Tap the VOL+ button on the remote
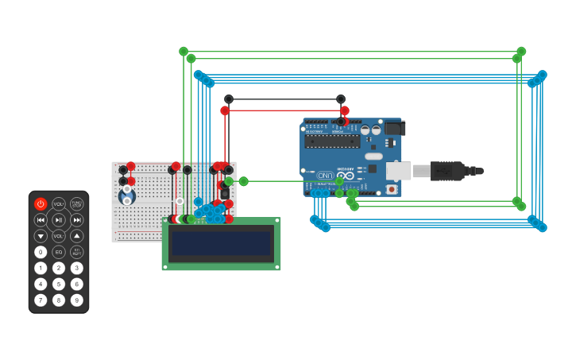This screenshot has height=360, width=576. coord(59,204)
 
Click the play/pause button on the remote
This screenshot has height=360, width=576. coord(59,220)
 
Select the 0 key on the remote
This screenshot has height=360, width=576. coord(41,252)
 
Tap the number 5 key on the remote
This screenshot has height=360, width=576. coord(59,284)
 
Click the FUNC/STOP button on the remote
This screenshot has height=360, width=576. coord(77,204)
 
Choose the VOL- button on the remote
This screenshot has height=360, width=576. coord(59,236)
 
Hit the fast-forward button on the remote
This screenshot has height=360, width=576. coord(77,220)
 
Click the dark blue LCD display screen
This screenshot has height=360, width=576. coord(222,243)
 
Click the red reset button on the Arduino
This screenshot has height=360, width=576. coord(391,189)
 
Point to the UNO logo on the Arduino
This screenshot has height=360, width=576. coord(325,175)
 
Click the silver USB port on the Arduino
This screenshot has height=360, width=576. coord(398,170)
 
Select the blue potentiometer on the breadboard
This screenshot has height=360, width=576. coord(126,195)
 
